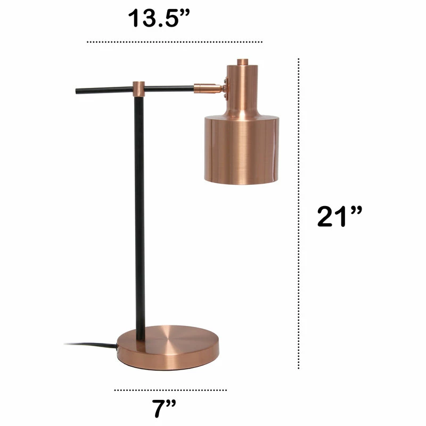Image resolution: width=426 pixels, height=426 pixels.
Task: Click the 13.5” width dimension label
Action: (x=159, y=19)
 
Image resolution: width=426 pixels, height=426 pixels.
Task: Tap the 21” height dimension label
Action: (x=339, y=217)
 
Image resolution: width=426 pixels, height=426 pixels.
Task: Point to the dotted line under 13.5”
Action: (x=175, y=42)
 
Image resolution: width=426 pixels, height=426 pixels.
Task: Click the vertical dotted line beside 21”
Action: (x=299, y=213)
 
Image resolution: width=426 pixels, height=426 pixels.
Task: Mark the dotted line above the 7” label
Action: (x=170, y=390)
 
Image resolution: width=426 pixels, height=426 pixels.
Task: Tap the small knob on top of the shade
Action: (x=243, y=62)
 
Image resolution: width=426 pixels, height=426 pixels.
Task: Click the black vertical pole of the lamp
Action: (x=139, y=213)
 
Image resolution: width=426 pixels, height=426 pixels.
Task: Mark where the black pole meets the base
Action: (x=140, y=339)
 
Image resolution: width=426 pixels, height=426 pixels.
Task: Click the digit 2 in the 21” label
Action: (x=326, y=217)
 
